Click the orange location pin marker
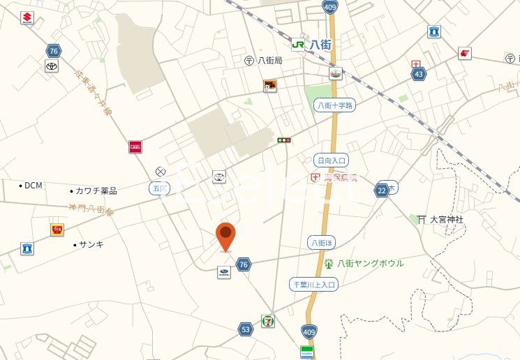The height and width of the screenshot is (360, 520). tap(225, 236)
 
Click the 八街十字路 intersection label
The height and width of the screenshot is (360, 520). tap(334, 105)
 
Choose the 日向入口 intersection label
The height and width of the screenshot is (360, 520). tap(331, 159)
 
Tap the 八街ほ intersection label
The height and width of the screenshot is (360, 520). tap(321, 242)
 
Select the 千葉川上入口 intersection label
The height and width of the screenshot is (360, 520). tap(314, 284)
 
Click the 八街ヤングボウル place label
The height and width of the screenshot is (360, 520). tap(370, 263)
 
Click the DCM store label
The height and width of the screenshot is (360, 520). tap(33, 186)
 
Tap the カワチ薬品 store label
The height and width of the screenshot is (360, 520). tap(96, 190)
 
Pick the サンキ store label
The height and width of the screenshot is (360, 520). tap(91, 244)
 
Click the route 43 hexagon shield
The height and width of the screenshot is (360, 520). tap(419, 74)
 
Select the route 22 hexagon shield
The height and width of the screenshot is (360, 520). tap(381, 190)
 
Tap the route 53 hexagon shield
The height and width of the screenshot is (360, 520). tap(245, 329)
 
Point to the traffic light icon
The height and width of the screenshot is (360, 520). tap(283, 140)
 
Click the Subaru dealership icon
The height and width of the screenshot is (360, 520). tap(223, 273)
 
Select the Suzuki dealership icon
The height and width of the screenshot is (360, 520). tap(27, 18)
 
